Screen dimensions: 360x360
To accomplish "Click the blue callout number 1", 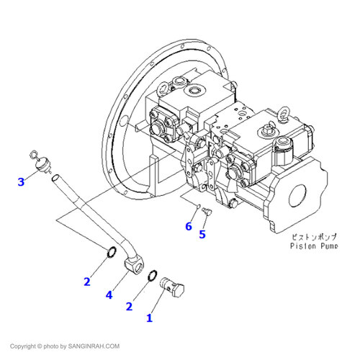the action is (150, 318).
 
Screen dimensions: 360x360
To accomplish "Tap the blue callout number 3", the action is (21, 181).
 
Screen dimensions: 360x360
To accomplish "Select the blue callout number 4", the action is (109, 294).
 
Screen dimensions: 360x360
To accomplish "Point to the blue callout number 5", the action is (202, 234).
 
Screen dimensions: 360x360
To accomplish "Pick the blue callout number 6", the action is (189, 226).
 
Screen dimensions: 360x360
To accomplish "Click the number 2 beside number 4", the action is (87, 282).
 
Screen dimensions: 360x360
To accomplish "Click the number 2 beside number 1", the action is (129, 307).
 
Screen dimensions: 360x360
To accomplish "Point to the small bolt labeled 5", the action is (207, 211).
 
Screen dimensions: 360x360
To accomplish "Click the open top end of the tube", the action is (55, 178).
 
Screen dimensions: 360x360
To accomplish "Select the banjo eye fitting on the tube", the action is (135, 264).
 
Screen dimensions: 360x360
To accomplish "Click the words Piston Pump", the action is (314, 246).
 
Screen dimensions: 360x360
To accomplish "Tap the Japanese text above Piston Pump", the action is (314, 237).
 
